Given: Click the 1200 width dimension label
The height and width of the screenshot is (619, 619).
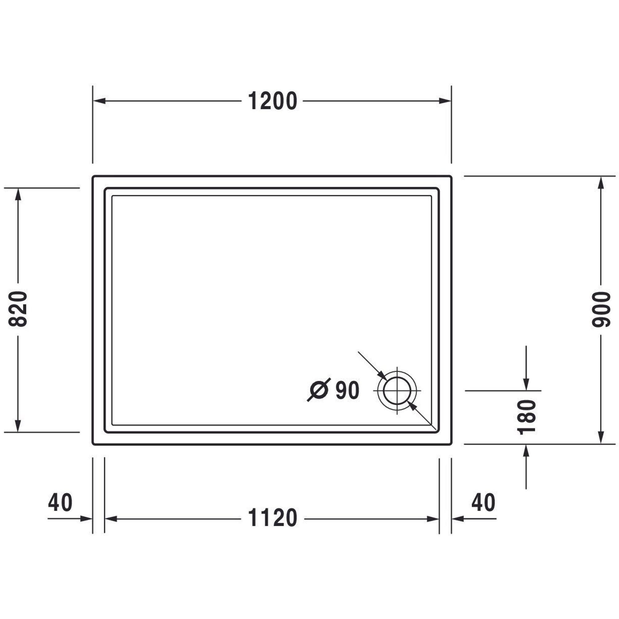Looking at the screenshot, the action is [273, 101].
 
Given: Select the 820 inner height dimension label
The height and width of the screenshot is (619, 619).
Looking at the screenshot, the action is [18, 309].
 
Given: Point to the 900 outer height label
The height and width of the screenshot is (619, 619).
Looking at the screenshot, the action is [601, 309].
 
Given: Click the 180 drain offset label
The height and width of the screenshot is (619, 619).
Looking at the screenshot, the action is [527, 417].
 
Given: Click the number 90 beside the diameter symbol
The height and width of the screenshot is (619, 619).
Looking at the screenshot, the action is [347, 390].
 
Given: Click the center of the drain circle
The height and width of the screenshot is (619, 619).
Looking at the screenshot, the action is [397, 391].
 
